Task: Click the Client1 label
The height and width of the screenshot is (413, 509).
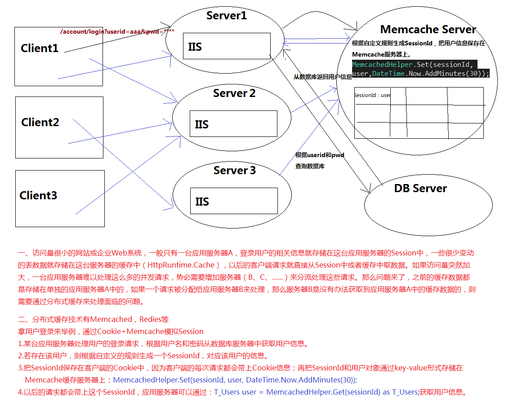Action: coord(40,48)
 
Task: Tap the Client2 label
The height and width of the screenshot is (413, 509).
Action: coord(40,122)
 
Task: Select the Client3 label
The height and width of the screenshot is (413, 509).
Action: coord(38,196)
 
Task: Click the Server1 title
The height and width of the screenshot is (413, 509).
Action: coord(227,16)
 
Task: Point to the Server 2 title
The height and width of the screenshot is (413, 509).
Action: coord(234,93)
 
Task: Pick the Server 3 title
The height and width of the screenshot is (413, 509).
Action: coord(235,171)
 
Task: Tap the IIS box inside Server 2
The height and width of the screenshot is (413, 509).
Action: coord(233,124)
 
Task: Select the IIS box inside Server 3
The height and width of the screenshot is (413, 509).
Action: coord(233,201)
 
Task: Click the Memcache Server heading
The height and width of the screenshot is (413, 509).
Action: coord(428,30)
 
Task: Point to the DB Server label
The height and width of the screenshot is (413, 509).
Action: coord(420,189)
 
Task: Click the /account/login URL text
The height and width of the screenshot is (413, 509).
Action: coord(117,31)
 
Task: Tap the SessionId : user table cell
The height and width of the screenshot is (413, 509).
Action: coord(372,95)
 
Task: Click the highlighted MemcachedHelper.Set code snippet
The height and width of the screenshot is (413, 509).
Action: coord(420,69)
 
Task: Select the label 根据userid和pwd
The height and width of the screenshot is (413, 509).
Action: coord(320,155)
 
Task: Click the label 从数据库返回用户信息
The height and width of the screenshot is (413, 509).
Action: coord(323,77)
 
